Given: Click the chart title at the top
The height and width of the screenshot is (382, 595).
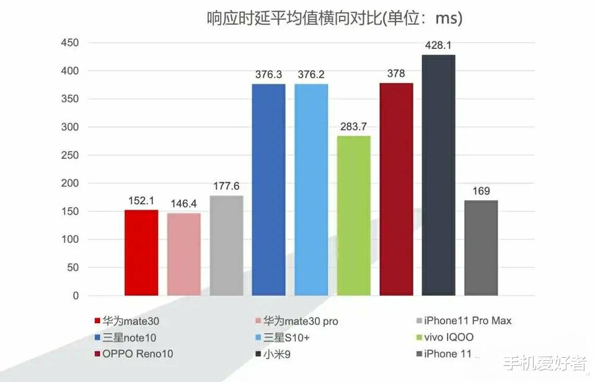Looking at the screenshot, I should (x=335, y=19).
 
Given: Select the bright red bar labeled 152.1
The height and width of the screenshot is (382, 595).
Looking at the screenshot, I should (x=141, y=252).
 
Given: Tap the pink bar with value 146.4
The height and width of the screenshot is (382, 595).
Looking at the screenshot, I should (x=184, y=254).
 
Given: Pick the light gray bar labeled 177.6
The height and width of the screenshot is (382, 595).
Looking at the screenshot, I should (x=226, y=246).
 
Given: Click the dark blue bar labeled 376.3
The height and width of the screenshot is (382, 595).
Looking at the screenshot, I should (x=268, y=190).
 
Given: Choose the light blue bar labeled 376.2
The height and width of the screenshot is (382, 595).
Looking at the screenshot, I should (x=311, y=190).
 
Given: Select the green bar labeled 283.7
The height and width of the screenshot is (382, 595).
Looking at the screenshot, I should (x=353, y=216).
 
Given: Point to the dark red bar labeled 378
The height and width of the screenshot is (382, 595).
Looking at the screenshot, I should (x=396, y=189).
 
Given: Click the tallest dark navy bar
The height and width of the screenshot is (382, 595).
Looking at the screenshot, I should (x=438, y=175).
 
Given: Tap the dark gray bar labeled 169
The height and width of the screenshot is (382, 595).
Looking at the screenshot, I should (x=481, y=247).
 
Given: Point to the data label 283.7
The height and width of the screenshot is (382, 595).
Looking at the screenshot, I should (x=353, y=127).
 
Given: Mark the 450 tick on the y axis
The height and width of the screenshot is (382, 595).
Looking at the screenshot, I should (x=69, y=43).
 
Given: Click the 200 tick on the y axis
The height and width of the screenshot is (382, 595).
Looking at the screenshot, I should (x=69, y=184).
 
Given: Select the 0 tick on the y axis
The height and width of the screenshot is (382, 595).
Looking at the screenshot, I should (x=76, y=296).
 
